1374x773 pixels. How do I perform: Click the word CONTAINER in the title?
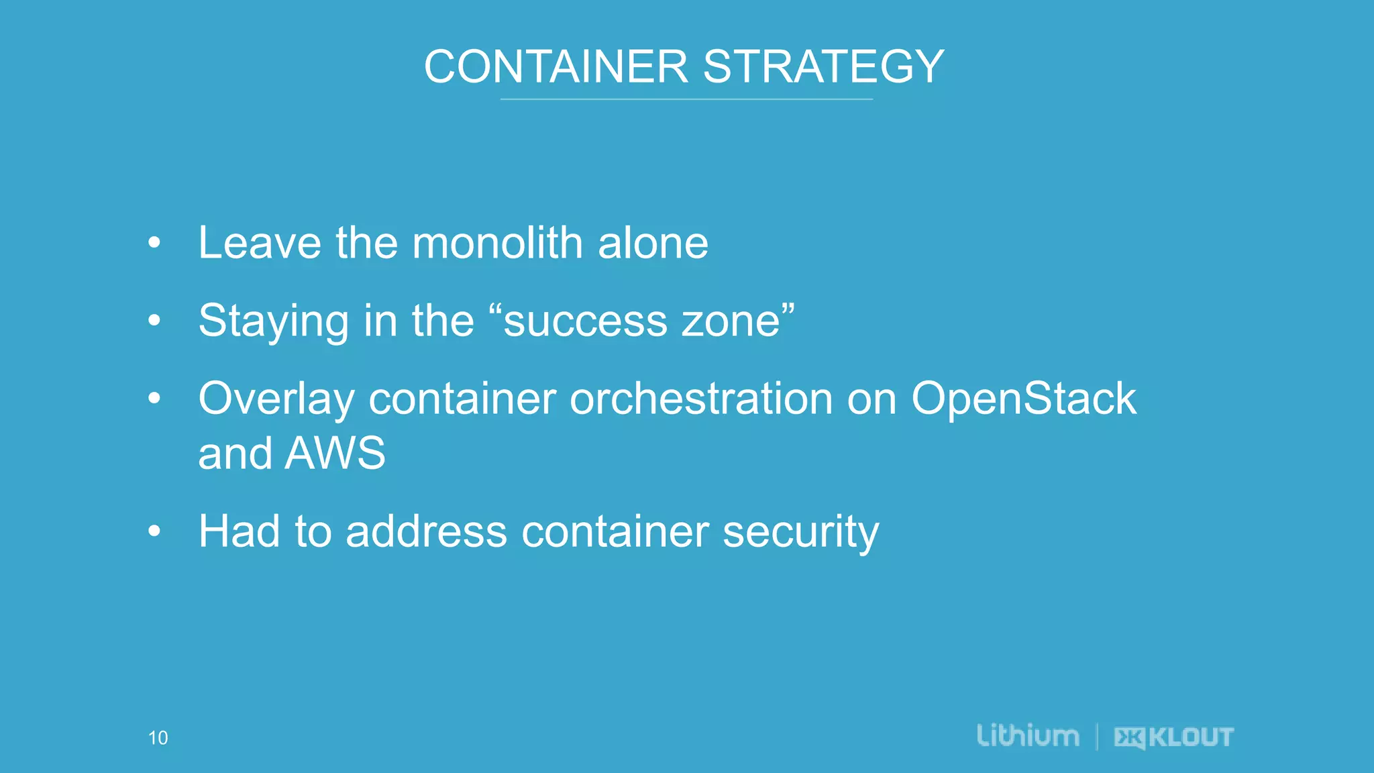point(556,67)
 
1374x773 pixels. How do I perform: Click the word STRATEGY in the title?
point(824,67)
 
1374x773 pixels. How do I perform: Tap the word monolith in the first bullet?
point(497,243)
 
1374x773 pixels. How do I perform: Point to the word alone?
point(653,243)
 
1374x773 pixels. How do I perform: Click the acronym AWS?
point(335,454)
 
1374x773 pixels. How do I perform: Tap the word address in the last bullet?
point(426,532)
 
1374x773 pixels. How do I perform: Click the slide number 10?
point(158,738)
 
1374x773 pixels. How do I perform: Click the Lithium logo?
point(1028,736)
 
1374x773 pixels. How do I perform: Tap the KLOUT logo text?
point(1191,737)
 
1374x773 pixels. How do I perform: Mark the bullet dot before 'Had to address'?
point(154,531)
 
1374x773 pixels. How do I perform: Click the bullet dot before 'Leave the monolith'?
point(154,243)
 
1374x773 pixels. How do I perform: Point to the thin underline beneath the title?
point(686,99)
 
